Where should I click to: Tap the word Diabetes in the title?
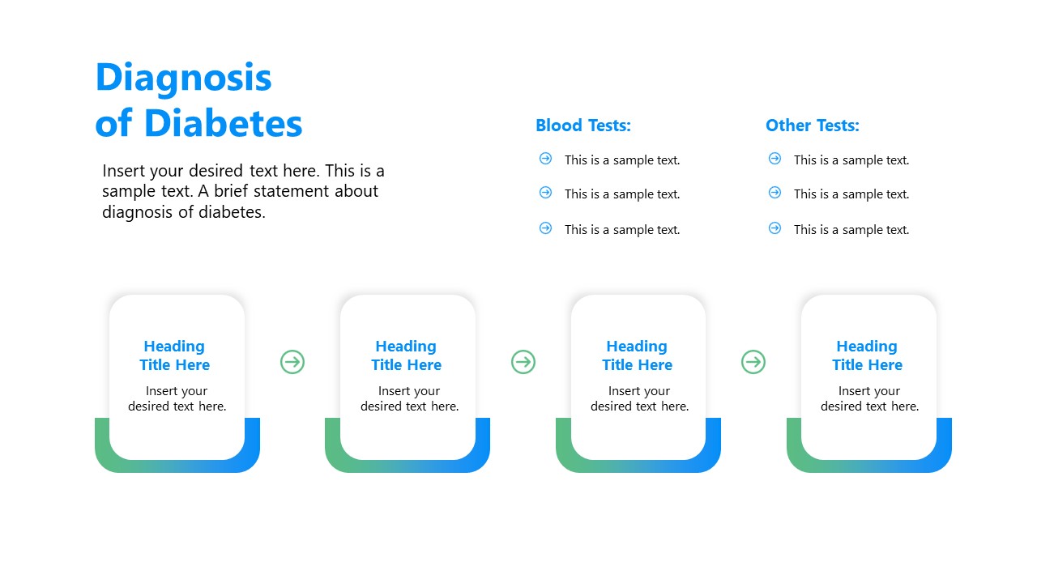(223, 124)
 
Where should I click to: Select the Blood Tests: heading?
(583, 126)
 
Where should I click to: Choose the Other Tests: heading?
(813, 126)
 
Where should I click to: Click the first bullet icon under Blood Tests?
(545, 159)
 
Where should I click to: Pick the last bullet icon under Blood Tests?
(545, 228)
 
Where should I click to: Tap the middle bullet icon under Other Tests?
(775, 193)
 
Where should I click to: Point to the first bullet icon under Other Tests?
(775, 159)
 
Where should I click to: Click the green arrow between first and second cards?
(292, 362)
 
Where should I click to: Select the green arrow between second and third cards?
(523, 362)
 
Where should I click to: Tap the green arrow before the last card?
(753, 362)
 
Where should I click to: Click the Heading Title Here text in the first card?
(175, 355)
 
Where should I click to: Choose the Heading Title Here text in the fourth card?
(867, 355)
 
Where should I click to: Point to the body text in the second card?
(409, 398)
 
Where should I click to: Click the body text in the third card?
(639, 398)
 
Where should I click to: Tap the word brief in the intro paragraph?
(231, 191)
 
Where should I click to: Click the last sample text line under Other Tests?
(851, 229)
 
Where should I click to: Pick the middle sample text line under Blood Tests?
(622, 194)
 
